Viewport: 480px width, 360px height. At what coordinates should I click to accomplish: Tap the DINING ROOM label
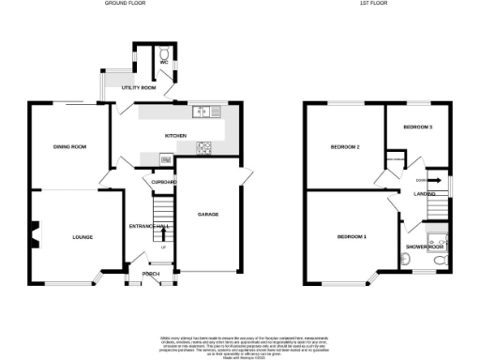click(x=69, y=147)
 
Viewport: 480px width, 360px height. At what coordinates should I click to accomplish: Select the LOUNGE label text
click(x=83, y=237)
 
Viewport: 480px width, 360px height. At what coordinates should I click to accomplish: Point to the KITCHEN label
click(x=175, y=135)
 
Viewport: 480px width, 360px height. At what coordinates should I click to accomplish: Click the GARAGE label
click(x=208, y=215)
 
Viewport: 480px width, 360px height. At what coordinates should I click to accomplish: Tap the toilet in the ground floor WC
click(x=164, y=55)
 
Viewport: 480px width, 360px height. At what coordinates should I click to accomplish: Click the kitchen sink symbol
click(x=202, y=113)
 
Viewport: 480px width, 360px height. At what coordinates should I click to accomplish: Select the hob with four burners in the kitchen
click(x=203, y=148)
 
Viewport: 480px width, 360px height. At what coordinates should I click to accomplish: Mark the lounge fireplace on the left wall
click(x=35, y=234)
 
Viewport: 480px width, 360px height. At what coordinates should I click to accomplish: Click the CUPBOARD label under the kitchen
click(x=159, y=181)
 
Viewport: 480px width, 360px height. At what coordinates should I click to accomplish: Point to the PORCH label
click(x=150, y=274)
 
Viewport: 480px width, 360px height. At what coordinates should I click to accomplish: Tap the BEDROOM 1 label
click(x=352, y=236)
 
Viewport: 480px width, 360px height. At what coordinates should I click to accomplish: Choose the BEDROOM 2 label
click(x=345, y=147)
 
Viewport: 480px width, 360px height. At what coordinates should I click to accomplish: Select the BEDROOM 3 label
click(x=418, y=127)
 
